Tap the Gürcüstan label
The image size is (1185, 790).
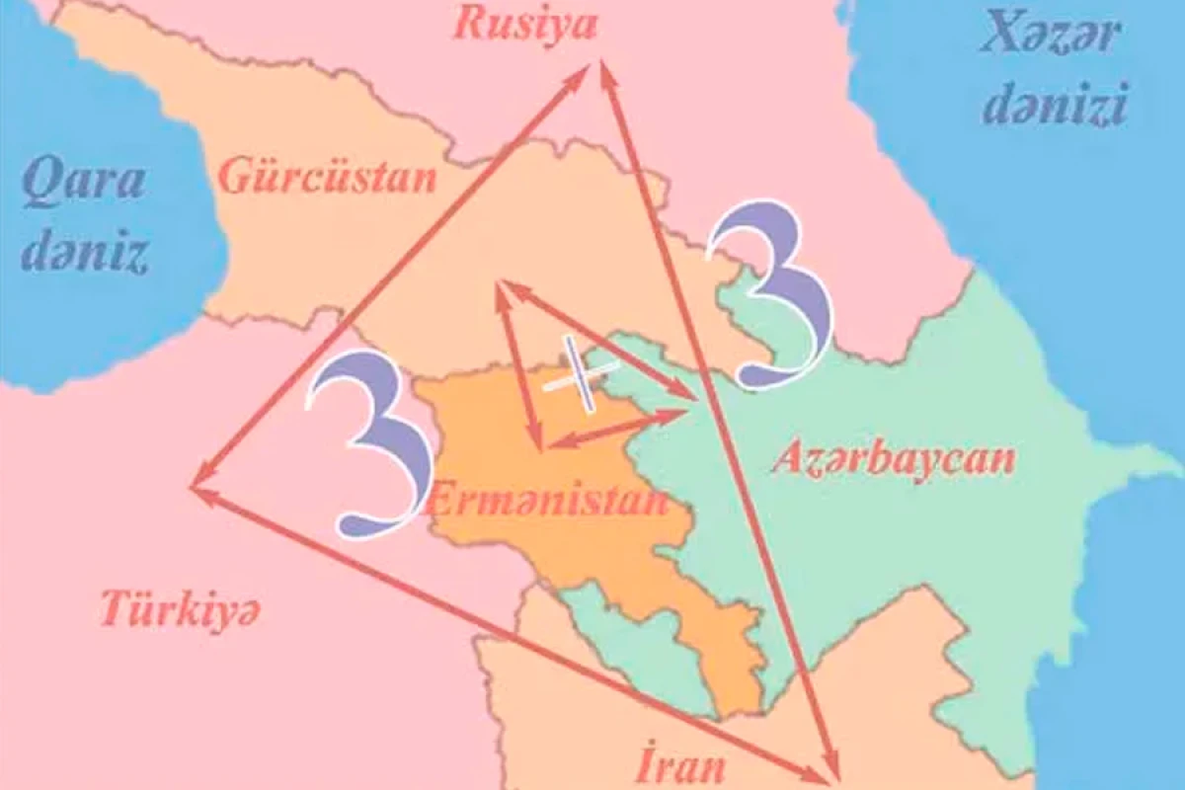(327, 179)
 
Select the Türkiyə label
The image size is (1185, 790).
(181, 611)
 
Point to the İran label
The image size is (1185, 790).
(682, 763)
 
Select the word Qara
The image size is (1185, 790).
(84, 182)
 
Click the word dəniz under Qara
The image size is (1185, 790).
(86, 254)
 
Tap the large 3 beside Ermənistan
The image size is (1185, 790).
(369, 445)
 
